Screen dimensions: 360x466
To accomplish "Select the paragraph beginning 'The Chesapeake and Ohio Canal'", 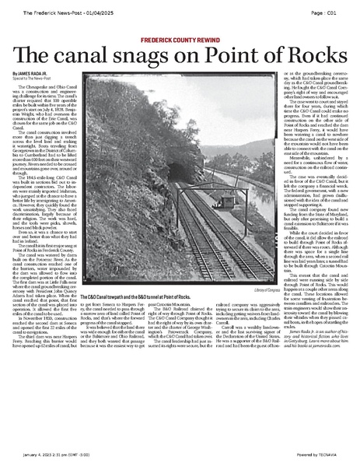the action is click(50, 104).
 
